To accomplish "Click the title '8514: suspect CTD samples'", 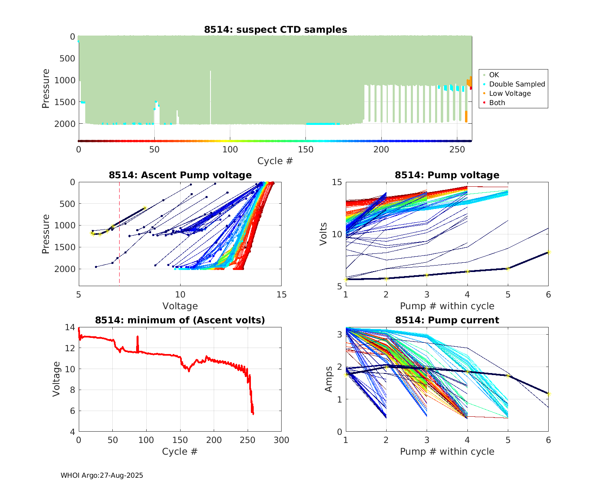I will [x=275, y=30].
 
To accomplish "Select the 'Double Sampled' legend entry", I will [x=517, y=84].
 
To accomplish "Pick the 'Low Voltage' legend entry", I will [x=510, y=93].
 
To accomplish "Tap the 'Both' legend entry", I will [x=497, y=103].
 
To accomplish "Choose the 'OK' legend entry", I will [x=494, y=75].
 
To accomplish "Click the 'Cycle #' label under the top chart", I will [x=275, y=161].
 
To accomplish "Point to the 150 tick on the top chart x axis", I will [x=306, y=150].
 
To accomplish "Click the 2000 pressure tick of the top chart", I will [x=65, y=124].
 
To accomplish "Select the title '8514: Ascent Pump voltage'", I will [x=180, y=175].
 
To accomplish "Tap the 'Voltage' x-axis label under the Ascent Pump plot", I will [x=180, y=306].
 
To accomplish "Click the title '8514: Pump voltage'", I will [x=447, y=175].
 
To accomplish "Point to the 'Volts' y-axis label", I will [x=323, y=234].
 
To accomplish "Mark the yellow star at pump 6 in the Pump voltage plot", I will [x=548, y=252].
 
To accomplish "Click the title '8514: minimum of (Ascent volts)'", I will [x=180, y=320].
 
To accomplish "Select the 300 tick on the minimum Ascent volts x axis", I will [x=281, y=440].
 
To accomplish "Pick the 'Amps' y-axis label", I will [x=329, y=379].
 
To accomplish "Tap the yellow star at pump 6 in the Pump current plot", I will [x=548, y=394].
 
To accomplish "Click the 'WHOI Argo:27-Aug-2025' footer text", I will [x=102, y=475].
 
